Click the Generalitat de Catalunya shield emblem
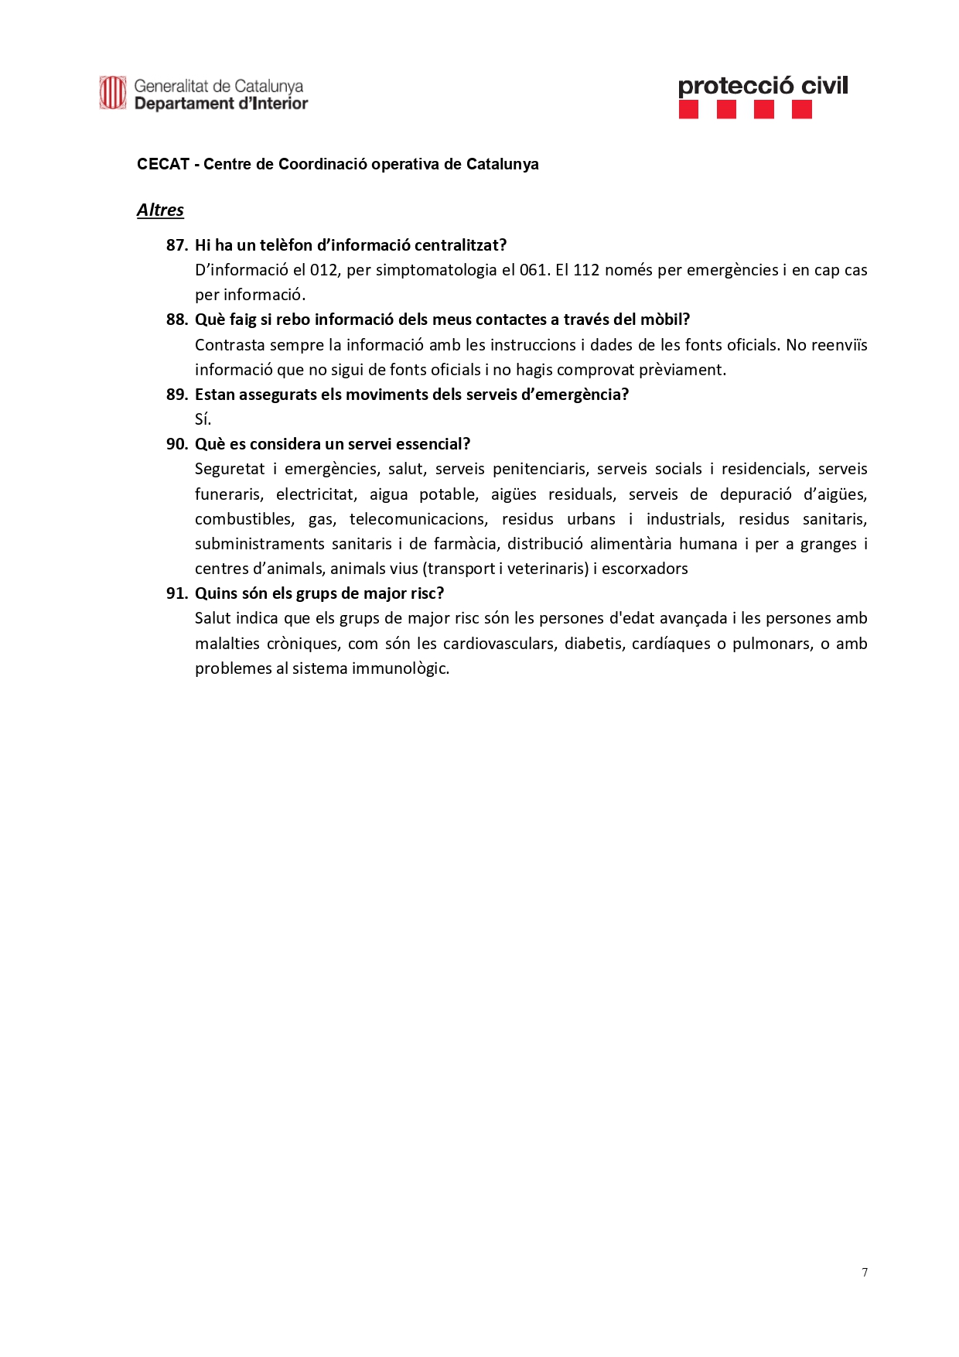[x=112, y=93]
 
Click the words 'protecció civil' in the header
[x=763, y=86]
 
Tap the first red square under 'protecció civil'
[x=688, y=110]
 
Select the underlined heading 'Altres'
[x=160, y=210]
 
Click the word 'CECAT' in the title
[x=163, y=164]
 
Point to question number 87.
[x=177, y=245]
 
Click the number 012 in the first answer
[x=324, y=270]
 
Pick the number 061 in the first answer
[x=533, y=270]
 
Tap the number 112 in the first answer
[x=585, y=270]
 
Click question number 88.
[x=177, y=320]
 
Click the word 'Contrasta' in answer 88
[x=230, y=345]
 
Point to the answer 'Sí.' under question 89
[x=203, y=419]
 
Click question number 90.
[x=177, y=444]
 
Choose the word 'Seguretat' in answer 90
[x=230, y=469]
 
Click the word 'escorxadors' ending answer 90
[x=645, y=569]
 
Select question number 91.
[x=177, y=593]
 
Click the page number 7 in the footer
[x=865, y=1273]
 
